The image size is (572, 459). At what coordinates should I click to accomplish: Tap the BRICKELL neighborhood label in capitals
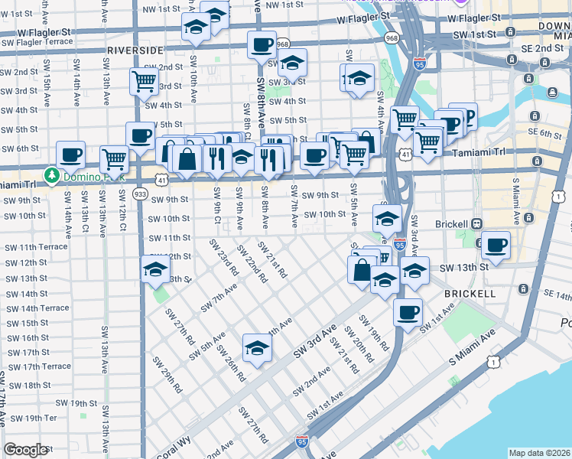pyautogui.click(x=468, y=293)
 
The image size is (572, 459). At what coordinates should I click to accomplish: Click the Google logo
pyautogui.click(x=25, y=450)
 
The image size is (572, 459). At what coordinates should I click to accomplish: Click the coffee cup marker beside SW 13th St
pyautogui.click(x=496, y=246)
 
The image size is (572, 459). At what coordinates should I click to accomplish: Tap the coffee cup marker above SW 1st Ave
pyautogui.click(x=408, y=311)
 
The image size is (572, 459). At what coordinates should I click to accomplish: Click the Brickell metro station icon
pyautogui.click(x=476, y=223)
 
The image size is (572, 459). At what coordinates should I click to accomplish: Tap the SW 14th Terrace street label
pyautogui.click(x=37, y=308)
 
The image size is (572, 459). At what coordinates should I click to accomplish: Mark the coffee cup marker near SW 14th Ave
pyautogui.click(x=71, y=155)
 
